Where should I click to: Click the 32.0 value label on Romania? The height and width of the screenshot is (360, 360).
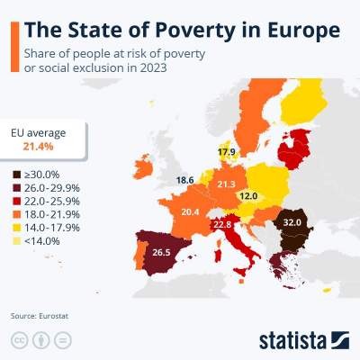pyautogui.click(x=292, y=220)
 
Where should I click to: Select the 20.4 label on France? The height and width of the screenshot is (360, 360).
pyautogui.click(x=191, y=211)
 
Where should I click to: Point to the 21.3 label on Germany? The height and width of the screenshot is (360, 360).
pyautogui.click(x=227, y=184)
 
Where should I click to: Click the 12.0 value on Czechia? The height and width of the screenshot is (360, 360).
pyautogui.click(x=248, y=195)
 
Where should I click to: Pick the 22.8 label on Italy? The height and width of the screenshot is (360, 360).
pyautogui.click(x=221, y=223)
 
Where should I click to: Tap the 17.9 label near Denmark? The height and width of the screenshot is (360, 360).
pyautogui.click(x=226, y=151)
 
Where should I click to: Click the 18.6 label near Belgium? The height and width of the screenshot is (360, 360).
pyautogui.click(x=185, y=180)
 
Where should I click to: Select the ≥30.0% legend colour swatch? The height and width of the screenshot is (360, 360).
pyautogui.click(x=17, y=174)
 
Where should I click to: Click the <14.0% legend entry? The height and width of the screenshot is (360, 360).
pyautogui.click(x=41, y=241)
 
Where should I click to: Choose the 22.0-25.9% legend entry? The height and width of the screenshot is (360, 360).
pyautogui.click(x=50, y=201)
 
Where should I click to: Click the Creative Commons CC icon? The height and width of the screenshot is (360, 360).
pyautogui.click(x=18, y=340)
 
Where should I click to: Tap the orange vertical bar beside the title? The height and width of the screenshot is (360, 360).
pyautogui.click(x=14, y=47)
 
